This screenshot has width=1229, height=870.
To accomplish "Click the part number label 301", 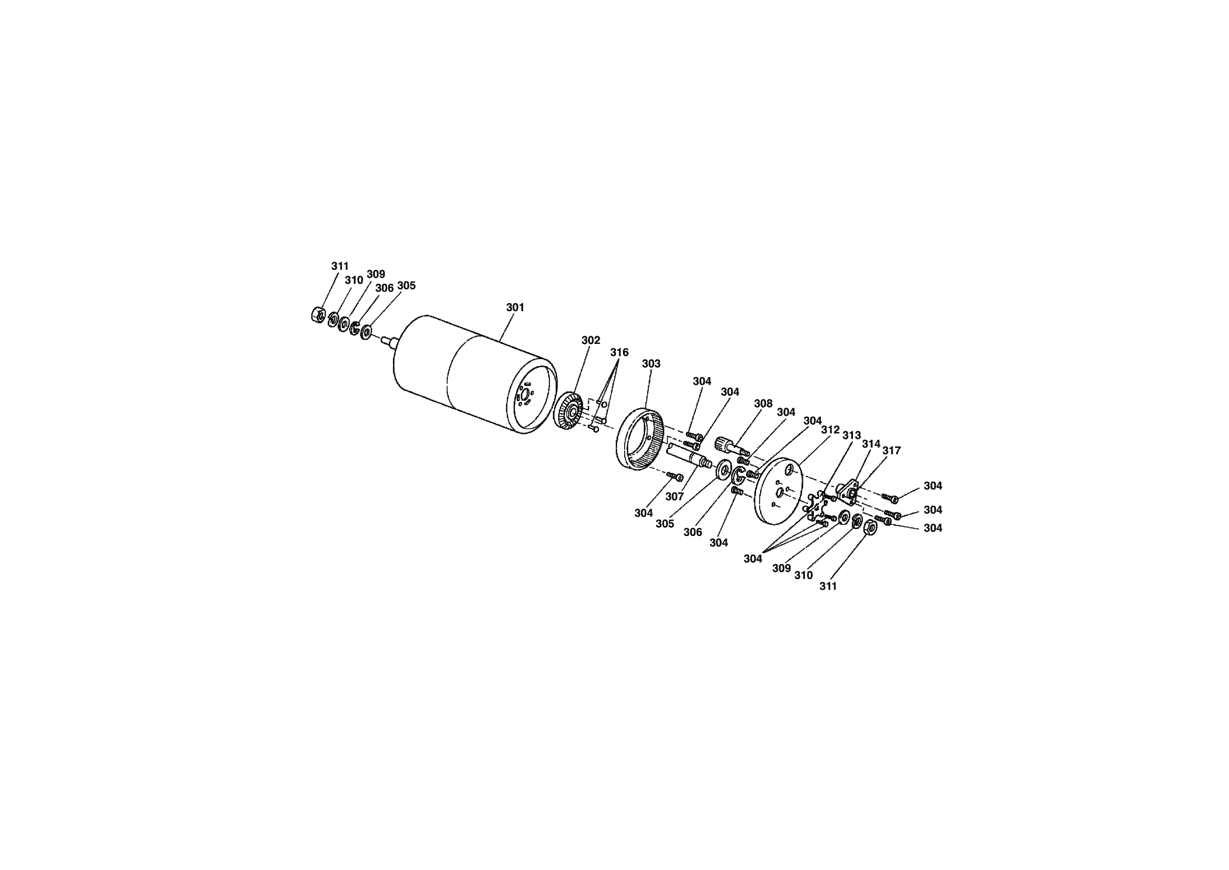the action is tap(515, 307).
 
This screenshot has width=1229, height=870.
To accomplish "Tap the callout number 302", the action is tap(590, 340).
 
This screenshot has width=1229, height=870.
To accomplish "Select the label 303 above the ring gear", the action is tap(651, 364).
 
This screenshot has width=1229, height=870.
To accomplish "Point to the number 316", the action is tap(619, 353).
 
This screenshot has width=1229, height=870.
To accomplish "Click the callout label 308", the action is tap(763, 403).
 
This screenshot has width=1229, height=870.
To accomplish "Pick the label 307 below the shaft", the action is tap(674, 496).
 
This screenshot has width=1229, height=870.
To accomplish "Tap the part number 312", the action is tap(830, 430).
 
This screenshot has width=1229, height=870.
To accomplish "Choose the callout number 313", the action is tap(851, 436).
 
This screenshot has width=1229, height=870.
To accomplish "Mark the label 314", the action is tap(871, 444).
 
